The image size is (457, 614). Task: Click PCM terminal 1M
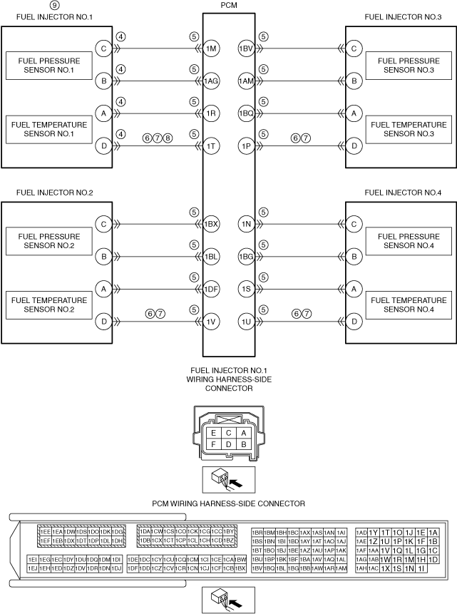[x=211, y=48]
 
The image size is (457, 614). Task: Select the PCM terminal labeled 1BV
[x=247, y=48]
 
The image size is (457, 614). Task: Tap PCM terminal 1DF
[x=211, y=290]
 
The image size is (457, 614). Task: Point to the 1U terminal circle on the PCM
[x=247, y=322]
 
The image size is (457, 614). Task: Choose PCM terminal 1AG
[x=211, y=81]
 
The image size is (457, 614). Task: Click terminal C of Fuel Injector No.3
[x=354, y=48]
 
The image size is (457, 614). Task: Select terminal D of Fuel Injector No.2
[x=104, y=322]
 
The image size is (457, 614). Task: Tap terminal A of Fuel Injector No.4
[x=354, y=290]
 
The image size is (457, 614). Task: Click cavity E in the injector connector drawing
[x=212, y=433]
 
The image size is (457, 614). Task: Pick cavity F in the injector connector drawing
[x=212, y=444]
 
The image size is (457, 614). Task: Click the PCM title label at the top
[x=229, y=5]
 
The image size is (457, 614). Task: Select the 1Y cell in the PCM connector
[x=374, y=532]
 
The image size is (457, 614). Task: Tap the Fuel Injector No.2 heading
[x=46, y=193]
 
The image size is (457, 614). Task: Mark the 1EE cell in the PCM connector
[x=45, y=532]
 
